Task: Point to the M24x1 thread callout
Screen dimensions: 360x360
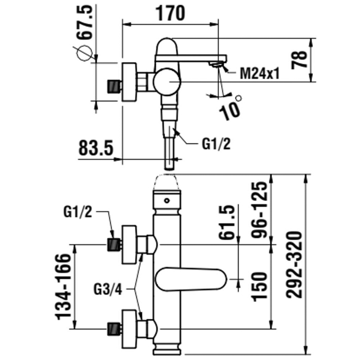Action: tap(260, 74)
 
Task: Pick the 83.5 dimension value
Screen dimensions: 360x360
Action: tap(96, 149)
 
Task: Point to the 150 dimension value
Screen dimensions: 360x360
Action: tap(261, 286)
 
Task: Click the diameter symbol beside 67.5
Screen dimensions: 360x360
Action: tap(84, 53)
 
